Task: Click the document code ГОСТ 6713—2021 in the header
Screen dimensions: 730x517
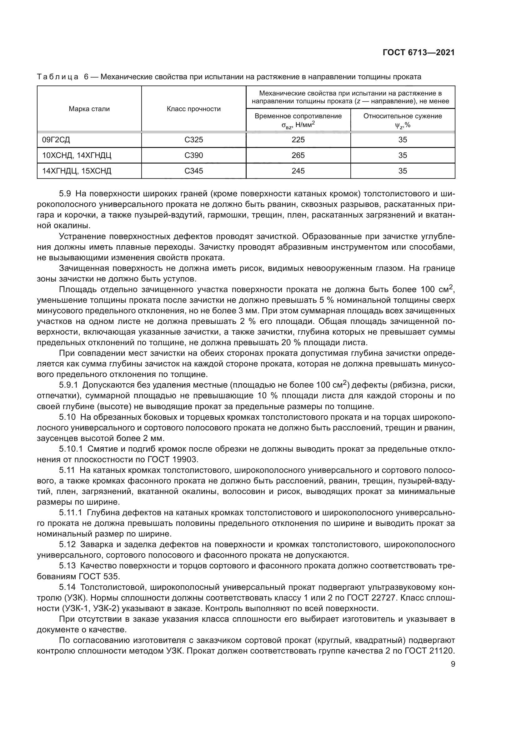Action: [x=419, y=53]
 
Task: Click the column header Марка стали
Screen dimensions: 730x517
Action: [x=89, y=109]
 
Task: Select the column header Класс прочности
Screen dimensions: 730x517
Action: [x=193, y=109]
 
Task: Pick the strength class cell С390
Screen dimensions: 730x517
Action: [x=193, y=155]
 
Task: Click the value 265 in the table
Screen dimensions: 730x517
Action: [x=298, y=155]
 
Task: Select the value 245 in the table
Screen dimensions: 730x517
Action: [x=298, y=171]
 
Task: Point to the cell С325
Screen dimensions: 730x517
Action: [x=193, y=140]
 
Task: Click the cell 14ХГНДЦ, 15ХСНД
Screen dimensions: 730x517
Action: [x=77, y=171]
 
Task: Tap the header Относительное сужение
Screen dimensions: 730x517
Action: [x=402, y=116]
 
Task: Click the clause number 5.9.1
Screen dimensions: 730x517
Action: [x=68, y=385]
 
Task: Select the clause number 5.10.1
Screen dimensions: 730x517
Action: [x=71, y=449]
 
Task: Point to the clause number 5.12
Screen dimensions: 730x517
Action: [x=67, y=545]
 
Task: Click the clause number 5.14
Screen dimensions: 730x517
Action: [x=67, y=587]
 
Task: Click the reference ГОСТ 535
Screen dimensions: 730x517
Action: [x=99, y=576]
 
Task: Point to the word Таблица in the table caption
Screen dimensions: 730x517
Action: [x=58, y=77]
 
